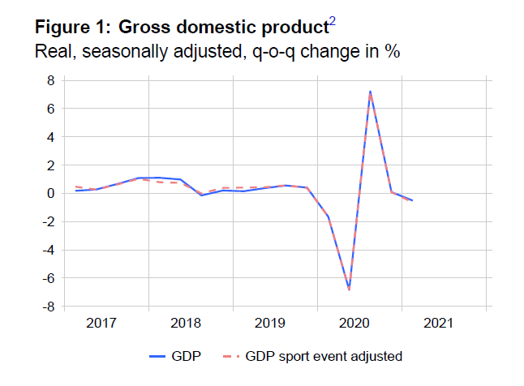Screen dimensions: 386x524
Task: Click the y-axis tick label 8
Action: [x=49, y=80]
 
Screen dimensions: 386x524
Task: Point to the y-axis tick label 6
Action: [x=49, y=109]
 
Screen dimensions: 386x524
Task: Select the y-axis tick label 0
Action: [x=49, y=194]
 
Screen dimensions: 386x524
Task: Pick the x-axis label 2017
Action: [x=101, y=324]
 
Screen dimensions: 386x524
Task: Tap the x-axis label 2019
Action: [x=269, y=324]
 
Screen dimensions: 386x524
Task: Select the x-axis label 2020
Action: [x=354, y=324]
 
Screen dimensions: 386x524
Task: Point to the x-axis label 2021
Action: [x=438, y=324]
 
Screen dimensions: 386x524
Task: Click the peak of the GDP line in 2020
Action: [x=370, y=92]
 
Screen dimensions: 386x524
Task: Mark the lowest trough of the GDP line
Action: [x=349, y=289]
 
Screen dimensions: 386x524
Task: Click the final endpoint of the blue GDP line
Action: [x=412, y=200]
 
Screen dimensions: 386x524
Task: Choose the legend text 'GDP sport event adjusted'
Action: [x=324, y=355]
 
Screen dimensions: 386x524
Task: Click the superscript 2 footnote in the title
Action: [x=332, y=22]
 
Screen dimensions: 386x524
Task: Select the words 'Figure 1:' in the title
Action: [x=72, y=27]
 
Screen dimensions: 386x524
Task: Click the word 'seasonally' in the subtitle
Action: [x=128, y=52]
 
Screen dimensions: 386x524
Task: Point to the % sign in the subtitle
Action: [x=394, y=52]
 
